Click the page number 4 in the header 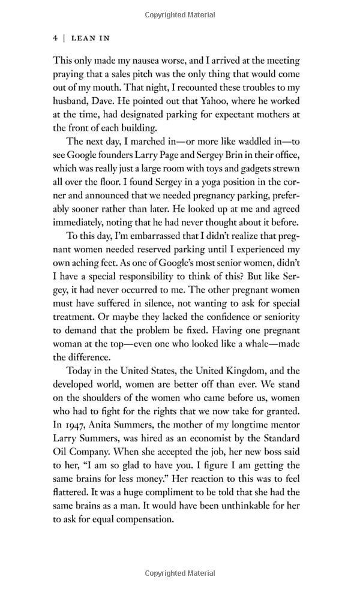click(x=55, y=38)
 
